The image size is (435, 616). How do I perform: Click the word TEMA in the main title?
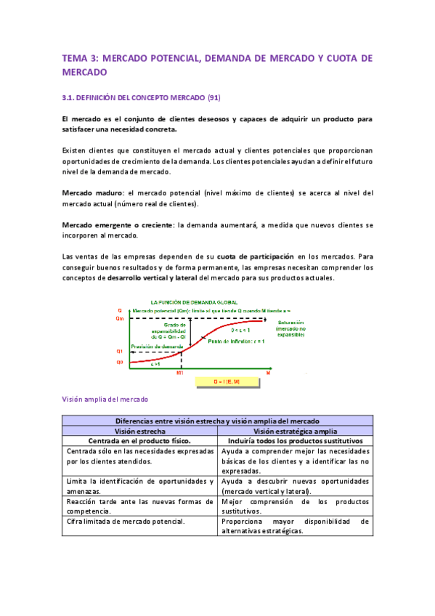click(x=74, y=58)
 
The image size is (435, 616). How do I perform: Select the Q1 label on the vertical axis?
click(x=120, y=351)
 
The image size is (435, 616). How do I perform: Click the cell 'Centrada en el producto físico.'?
click(x=140, y=441)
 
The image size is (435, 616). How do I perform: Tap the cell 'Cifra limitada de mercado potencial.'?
click(x=124, y=520)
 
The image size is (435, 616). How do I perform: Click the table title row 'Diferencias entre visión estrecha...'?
click(x=218, y=421)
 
